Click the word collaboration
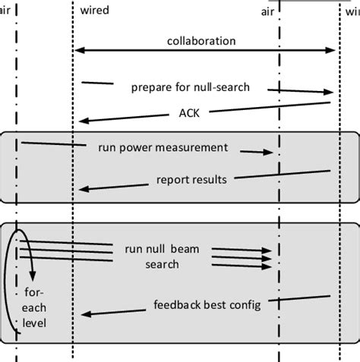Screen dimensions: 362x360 (201, 41)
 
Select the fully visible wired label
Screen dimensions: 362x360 (94, 11)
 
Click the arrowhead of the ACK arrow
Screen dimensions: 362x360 (80, 120)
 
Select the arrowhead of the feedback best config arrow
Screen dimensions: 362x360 (81, 313)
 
